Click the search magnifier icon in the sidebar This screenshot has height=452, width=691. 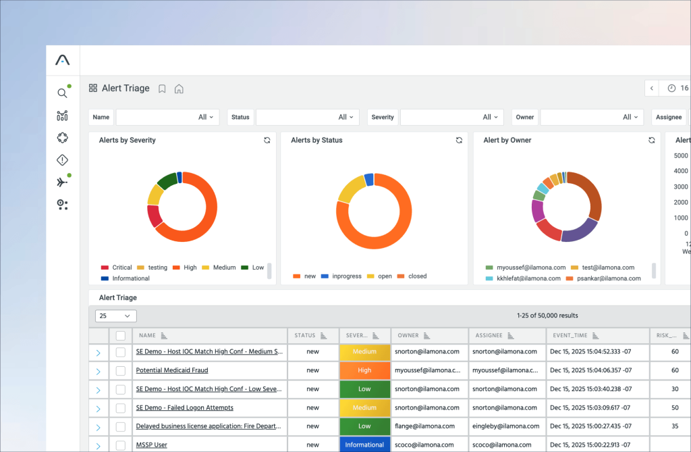[x=62, y=93]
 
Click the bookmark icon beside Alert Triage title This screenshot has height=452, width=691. [x=162, y=89]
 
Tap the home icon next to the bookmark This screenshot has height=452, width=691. [x=179, y=89]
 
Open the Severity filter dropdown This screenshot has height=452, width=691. [x=451, y=118]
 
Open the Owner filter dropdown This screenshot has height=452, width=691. [x=591, y=118]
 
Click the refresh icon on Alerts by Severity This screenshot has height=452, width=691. [x=267, y=141]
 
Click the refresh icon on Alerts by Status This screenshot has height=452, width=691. [x=459, y=141]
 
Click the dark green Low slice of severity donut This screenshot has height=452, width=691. [x=167, y=180]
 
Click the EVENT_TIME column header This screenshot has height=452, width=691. [x=571, y=335]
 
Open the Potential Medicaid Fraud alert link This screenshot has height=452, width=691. [x=171, y=370]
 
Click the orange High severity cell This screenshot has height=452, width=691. [x=364, y=370]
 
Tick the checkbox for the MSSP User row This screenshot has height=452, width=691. [x=121, y=445]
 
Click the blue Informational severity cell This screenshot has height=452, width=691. [x=364, y=445]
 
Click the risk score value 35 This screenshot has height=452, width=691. [x=675, y=426]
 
